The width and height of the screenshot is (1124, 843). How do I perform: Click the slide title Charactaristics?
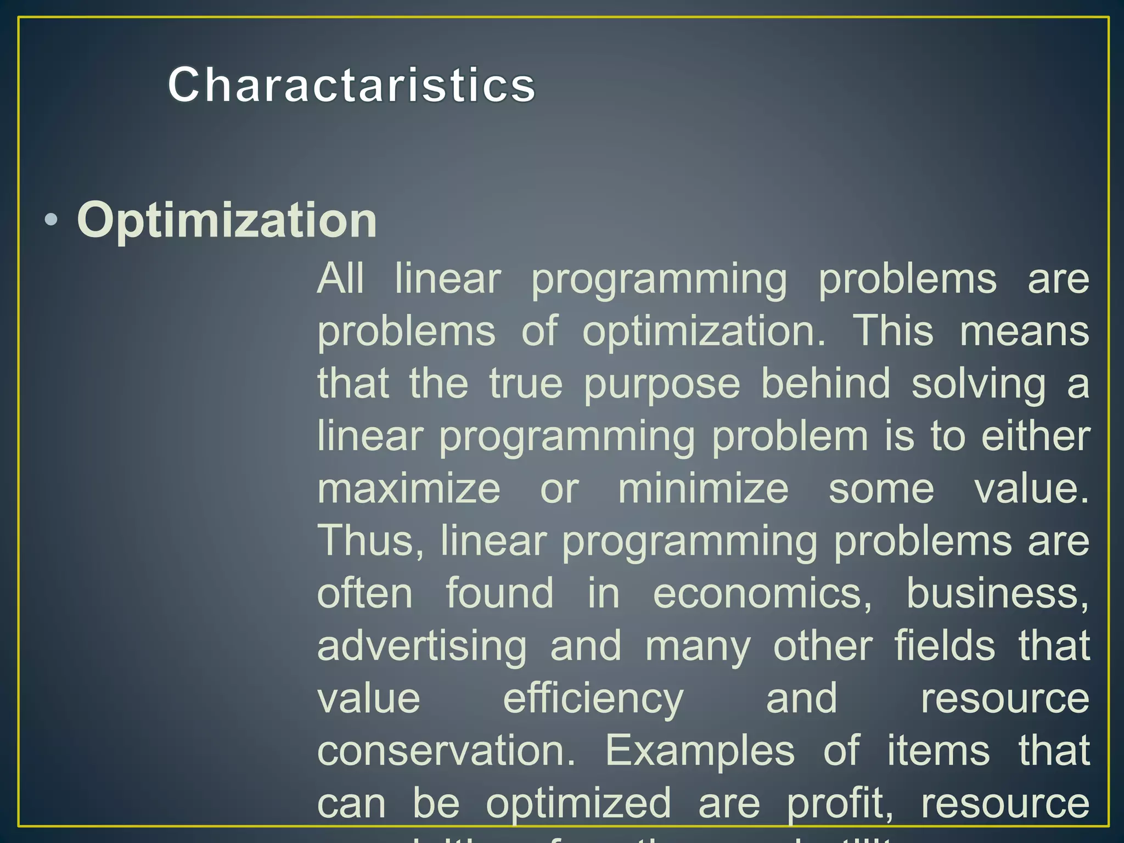point(351,85)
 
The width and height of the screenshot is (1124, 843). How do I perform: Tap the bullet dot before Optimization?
point(51,221)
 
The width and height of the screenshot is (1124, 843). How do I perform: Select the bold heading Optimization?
point(227,220)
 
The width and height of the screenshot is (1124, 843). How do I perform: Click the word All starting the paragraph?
point(340,278)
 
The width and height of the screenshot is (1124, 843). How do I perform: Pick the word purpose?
point(662,384)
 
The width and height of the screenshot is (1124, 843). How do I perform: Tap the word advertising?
point(421,647)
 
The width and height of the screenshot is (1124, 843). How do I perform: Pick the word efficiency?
point(593,699)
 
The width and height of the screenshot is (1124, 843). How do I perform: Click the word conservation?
point(446,751)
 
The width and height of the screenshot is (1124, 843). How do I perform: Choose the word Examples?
point(700,751)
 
